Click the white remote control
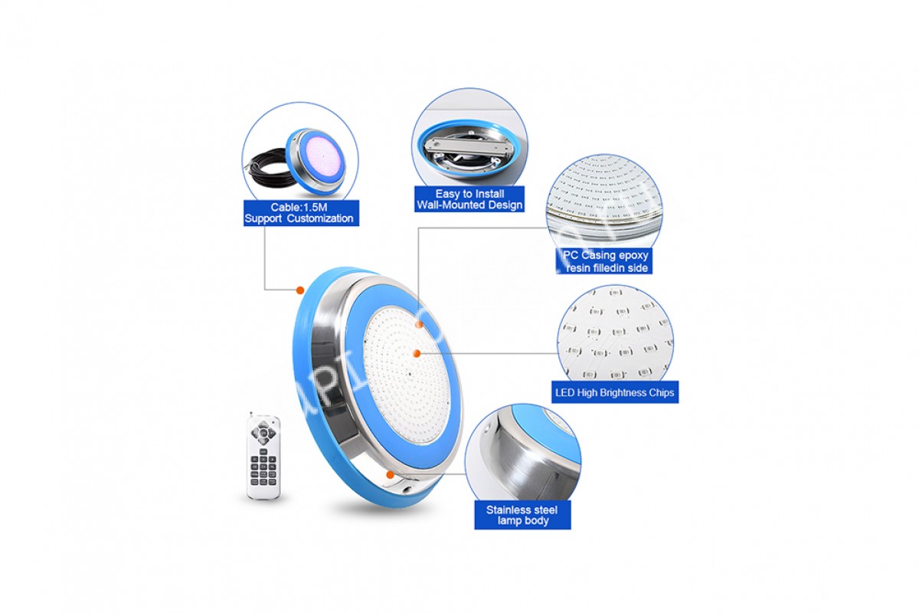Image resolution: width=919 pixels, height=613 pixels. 263,457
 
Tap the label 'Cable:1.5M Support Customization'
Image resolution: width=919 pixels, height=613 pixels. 301,213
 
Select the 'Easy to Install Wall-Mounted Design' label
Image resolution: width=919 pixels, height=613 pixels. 469,199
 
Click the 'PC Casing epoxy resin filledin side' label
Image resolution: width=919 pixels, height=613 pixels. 604,261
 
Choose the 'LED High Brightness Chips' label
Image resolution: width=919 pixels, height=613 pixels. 614,392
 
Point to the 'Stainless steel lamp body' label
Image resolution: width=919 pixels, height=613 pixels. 522,515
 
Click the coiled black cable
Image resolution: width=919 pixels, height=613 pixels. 267,168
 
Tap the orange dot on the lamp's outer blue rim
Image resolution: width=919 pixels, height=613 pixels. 300,290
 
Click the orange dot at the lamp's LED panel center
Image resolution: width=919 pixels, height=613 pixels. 417,353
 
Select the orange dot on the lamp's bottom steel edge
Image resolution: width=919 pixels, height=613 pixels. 390,474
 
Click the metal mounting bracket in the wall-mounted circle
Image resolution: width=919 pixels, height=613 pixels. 469,145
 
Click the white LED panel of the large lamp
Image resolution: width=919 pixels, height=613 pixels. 407,375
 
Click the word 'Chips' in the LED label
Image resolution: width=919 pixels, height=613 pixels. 662,393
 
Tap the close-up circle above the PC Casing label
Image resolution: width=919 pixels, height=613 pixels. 604,202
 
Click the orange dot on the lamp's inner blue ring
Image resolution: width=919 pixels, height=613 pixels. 419,324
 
